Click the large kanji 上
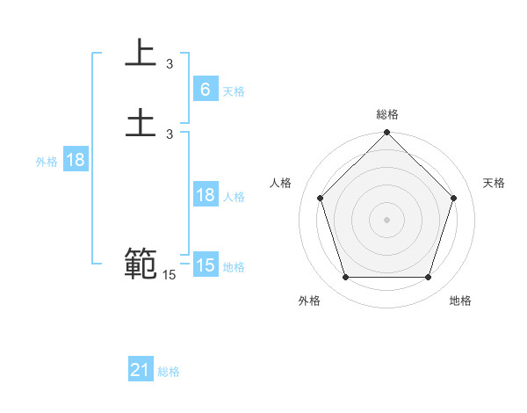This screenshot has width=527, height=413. (x=140, y=54)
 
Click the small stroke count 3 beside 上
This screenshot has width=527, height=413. (x=170, y=63)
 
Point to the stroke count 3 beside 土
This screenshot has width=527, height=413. (x=170, y=134)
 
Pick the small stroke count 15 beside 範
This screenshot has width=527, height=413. (x=169, y=275)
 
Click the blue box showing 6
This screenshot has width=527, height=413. (x=205, y=89)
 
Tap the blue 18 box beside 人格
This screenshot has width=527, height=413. (x=205, y=195)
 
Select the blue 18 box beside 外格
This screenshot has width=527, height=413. (x=76, y=160)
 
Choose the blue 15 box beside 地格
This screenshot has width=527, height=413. (x=205, y=265)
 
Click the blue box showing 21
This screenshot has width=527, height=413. (x=141, y=370)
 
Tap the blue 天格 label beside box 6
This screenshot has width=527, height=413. (x=234, y=91)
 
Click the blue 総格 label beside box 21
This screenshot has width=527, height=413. (x=169, y=372)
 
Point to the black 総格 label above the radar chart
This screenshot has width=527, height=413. (x=387, y=114)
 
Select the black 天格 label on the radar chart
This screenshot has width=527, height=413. (x=494, y=183)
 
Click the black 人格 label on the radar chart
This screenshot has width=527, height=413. (x=281, y=183)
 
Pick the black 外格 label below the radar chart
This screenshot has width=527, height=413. (x=309, y=301)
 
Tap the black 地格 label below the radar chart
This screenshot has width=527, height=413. (x=460, y=301)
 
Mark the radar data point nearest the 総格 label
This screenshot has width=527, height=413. (x=387, y=134)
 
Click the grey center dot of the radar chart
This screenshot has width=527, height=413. (x=387, y=219)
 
